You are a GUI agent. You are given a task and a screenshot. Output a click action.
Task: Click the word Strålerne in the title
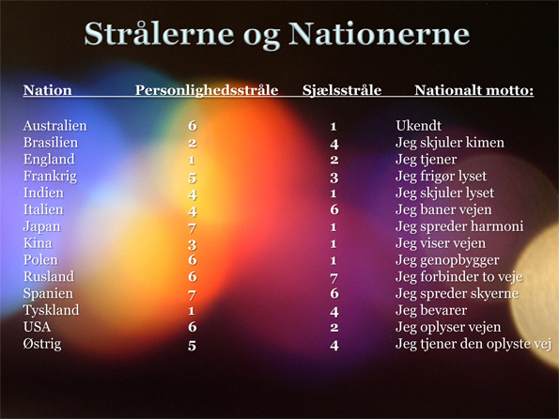[159, 34]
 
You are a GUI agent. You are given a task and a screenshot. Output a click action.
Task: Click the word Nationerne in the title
[379, 34]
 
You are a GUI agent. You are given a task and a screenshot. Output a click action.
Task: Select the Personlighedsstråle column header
[207, 90]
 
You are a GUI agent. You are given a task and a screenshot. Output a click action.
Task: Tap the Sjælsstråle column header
[342, 90]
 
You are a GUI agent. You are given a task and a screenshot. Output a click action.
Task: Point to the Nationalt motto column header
[474, 90]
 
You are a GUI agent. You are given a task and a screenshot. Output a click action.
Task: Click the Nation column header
[47, 90]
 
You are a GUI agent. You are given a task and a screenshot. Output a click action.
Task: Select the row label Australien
[54, 126]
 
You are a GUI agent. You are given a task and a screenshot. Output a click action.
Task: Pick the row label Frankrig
[50, 177]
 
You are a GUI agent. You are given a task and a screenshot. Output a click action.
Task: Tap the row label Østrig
[42, 345]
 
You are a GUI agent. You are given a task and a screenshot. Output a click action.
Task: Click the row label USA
[37, 327]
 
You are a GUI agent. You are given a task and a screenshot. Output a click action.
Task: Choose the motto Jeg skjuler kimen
[450, 143]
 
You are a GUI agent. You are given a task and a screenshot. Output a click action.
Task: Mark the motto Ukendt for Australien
[418, 126]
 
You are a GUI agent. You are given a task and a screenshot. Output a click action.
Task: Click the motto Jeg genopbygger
[447, 260]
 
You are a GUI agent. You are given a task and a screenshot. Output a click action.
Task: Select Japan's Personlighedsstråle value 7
[193, 227]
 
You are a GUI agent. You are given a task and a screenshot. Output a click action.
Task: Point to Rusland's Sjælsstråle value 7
[334, 278]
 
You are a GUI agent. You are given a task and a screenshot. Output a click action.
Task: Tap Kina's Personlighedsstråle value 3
[193, 244]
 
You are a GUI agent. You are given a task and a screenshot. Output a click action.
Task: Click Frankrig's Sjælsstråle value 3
[334, 178]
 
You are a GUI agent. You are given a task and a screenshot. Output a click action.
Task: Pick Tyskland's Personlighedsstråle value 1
[192, 311]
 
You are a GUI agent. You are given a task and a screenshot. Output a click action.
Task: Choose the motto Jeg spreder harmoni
[459, 226]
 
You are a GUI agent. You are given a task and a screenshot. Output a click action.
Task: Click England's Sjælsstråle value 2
[334, 160]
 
